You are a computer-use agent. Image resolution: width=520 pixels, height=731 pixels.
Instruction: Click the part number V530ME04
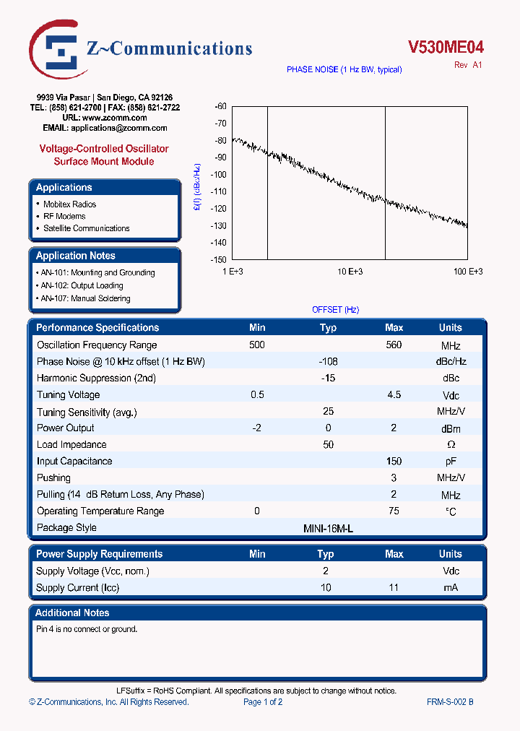tap(446, 47)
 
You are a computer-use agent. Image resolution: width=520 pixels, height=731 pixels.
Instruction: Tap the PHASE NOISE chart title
tap(344, 69)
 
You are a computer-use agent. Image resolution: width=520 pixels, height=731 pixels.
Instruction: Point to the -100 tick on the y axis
tap(218, 174)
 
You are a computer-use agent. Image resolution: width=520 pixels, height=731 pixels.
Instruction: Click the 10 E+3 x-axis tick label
tap(350, 271)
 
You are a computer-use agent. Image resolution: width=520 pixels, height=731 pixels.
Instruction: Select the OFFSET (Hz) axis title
tap(335, 309)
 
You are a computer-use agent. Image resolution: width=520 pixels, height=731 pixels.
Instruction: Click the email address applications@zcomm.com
tap(119, 128)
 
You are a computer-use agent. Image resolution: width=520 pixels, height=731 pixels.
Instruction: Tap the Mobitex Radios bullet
tap(69, 204)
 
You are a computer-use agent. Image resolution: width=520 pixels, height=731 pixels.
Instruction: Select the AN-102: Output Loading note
tap(82, 285)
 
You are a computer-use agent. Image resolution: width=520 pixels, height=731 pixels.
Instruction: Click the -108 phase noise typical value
tap(328, 361)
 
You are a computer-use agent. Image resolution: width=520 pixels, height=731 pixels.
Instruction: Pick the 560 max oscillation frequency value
tap(394, 345)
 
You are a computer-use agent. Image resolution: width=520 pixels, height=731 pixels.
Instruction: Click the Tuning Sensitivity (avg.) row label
tap(87, 412)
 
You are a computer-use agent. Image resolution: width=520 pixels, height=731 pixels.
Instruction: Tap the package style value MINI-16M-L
tap(328, 528)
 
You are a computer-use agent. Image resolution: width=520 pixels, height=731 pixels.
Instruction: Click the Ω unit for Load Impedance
tap(451, 445)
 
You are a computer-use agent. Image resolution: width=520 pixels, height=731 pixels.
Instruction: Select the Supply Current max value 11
tap(394, 587)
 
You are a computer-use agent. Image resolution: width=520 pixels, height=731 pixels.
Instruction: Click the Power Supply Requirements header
tap(99, 554)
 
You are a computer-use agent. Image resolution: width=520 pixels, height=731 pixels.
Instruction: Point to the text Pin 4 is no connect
tap(87, 629)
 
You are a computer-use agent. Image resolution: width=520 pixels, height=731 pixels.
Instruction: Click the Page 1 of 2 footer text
tap(263, 701)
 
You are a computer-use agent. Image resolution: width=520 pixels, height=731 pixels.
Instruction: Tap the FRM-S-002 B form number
tap(450, 701)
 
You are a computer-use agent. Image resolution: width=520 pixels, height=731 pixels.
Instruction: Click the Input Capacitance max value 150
tap(394, 461)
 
